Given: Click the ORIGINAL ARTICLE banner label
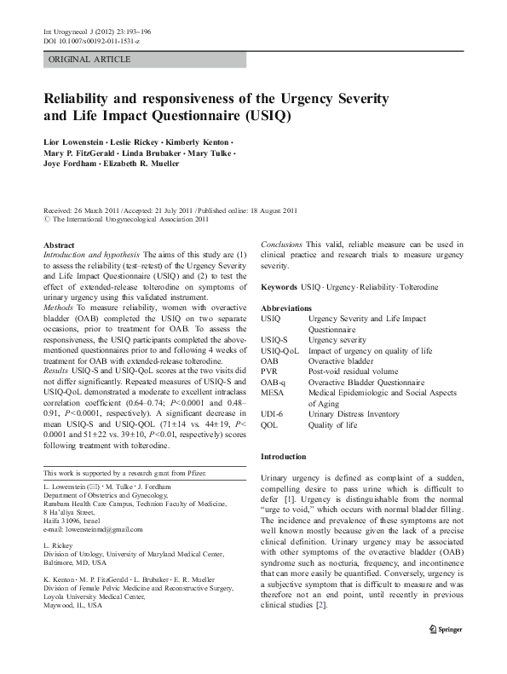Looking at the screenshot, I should (x=89, y=60).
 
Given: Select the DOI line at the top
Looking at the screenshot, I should (x=91, y=40).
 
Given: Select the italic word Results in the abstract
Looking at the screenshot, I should (x=60, y=371).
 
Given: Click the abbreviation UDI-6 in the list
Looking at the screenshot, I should (x=274, y=414).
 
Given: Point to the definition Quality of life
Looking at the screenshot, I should (x=332, y=424).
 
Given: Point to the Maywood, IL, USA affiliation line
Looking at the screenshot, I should (x=81, y=607).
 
